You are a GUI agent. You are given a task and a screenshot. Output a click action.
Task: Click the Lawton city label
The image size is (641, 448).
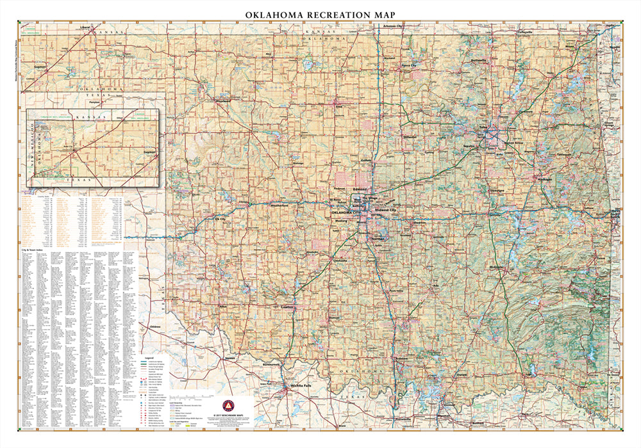287,307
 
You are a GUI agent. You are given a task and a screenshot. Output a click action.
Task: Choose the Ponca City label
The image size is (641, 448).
409,65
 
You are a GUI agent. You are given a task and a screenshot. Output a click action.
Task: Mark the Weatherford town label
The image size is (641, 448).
280,205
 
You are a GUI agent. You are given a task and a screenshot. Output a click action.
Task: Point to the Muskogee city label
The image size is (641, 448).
544,180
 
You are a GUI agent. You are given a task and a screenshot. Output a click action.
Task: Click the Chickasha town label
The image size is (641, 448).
340,261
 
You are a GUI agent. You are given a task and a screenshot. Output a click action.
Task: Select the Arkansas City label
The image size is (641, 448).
392,26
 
